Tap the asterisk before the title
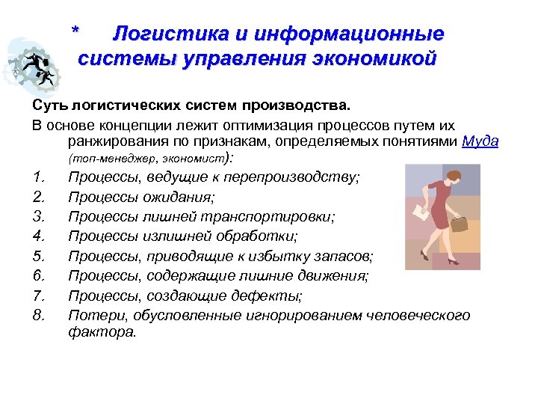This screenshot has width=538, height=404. pos(75,33)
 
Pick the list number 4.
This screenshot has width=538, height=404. pos(40,236)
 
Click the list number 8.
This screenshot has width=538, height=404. pos(40,314)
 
